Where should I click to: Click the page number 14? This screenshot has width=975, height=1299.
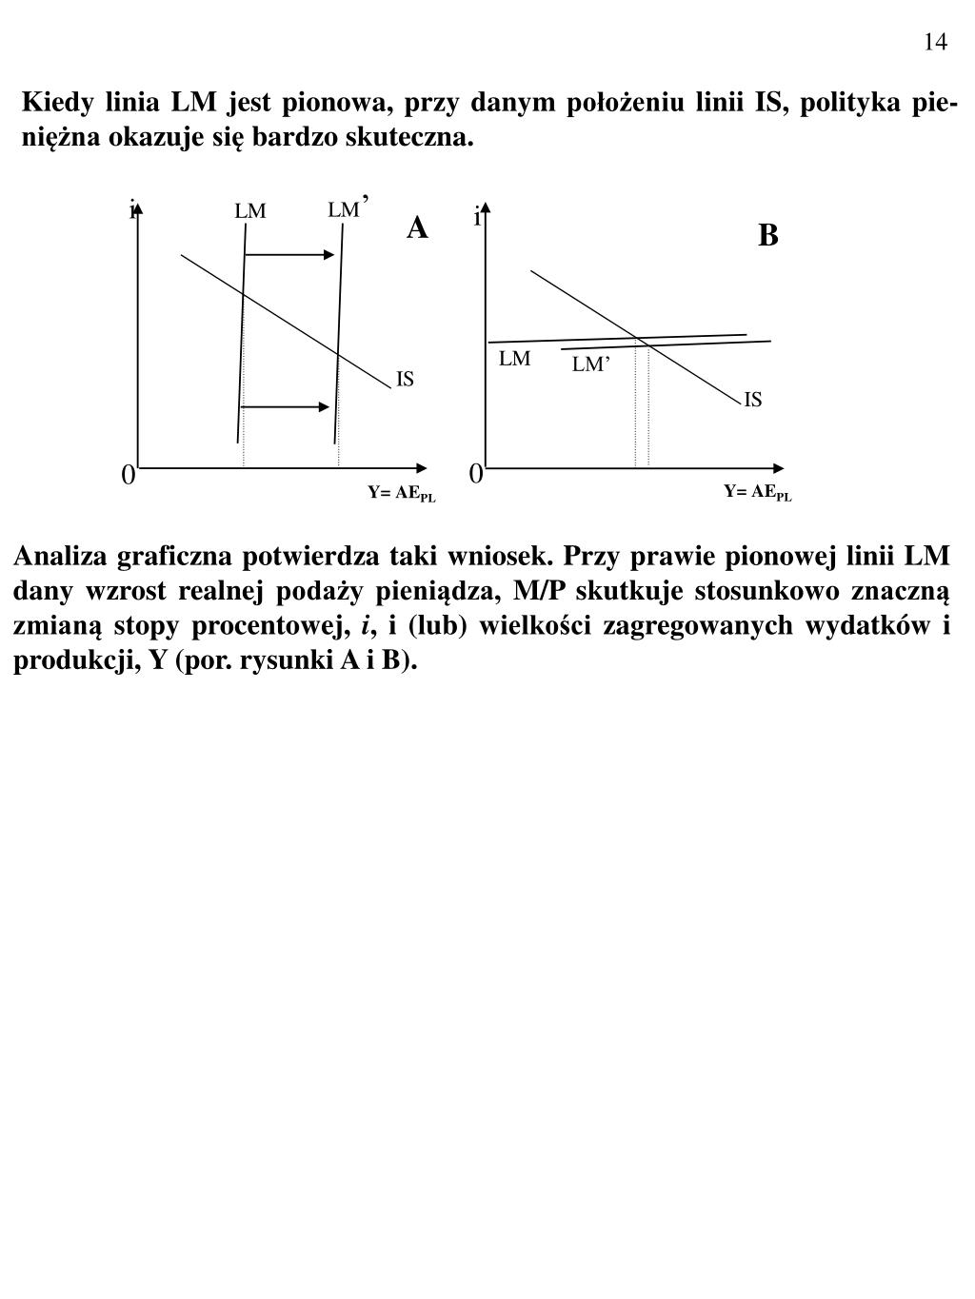pos(934,41)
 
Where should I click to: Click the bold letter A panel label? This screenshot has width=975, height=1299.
pos(417,228)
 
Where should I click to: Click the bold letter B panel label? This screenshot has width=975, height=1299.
pos(767,235)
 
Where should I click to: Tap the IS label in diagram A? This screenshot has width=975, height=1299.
pos(405,380)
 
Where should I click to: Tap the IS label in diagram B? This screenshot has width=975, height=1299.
pos(752,400)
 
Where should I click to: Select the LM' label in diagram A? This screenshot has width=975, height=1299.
pos(346,208)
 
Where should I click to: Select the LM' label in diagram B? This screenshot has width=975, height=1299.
pos(589,364)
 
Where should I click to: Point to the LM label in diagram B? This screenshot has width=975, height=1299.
pos(514,359)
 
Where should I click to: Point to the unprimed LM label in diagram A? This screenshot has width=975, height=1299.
pos(250,211)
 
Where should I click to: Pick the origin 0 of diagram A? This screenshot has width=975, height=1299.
pos(127,474)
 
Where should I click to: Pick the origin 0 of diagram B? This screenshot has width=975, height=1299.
pos(475,473)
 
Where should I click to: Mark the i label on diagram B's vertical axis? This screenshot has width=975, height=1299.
pos(476,218)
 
